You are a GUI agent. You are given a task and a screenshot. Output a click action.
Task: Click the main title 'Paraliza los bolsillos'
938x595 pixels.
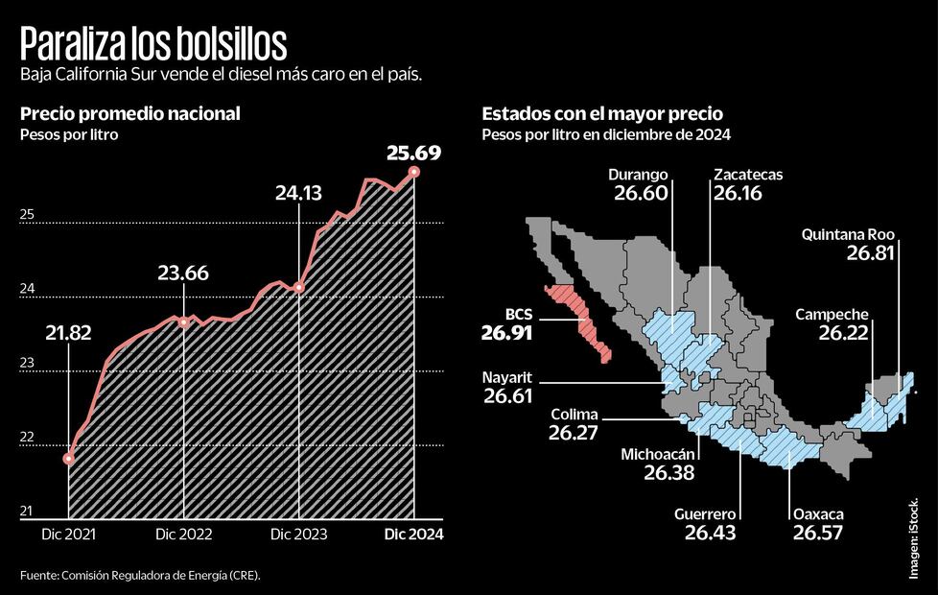click(x=153, y=45)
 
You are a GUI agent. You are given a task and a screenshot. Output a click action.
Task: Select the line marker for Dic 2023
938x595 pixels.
click(x=299, y=287)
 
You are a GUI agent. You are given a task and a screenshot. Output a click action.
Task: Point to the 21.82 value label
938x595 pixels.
click(x=69, y=333)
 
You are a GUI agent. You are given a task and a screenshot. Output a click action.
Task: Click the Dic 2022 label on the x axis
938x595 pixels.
click(x=184, y=534)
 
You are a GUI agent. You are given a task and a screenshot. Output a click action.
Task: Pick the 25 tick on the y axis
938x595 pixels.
click(x=27, y=215)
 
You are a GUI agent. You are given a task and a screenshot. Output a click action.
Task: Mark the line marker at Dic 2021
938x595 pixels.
click(x=69, y=459)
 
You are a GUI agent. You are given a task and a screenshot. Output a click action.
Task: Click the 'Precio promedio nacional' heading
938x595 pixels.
click(x=130, y=114)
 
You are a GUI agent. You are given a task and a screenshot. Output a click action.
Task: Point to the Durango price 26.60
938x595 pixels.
click(x=640, y=193)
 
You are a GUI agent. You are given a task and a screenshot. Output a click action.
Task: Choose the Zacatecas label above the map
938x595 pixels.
click(x=748, y=175)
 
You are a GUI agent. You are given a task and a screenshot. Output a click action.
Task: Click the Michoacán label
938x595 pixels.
click(x=661, y=455)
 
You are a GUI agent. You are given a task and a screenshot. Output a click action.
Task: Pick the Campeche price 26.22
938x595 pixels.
click(x=844, y=332)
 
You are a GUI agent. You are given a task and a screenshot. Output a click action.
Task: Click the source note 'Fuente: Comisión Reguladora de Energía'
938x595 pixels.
click(x=140, y=575)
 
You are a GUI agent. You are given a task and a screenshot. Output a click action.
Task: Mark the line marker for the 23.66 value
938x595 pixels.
click(x=184, y=321)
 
